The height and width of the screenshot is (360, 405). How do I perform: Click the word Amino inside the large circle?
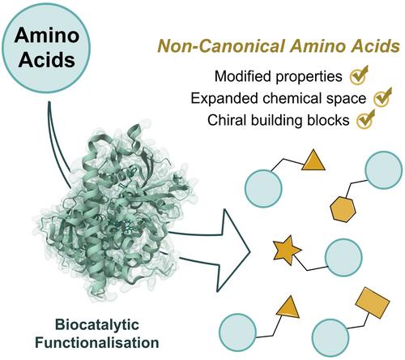click(x=47, y=35)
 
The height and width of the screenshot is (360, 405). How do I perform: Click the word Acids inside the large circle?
click(x=47, y=59)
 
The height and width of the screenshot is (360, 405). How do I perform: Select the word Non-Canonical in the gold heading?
click(x=221, y=46)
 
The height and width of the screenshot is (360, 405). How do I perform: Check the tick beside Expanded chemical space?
click(x=382, y=96)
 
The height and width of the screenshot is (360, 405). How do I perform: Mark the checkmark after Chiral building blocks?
click(x=366, y=119)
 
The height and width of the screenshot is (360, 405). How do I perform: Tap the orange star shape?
click(x=287, y=251)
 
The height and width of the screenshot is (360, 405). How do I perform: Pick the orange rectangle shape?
click(x=373, y=302)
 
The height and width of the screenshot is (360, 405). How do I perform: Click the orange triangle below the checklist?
click(x=313, y=161)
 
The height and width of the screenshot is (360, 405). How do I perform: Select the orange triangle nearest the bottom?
click(x=288, y=308)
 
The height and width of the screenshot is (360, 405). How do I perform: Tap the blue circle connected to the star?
click(x=343, y=258)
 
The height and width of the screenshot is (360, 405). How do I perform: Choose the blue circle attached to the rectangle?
click(x=330, y=337)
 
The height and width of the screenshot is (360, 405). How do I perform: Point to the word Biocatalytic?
click(x=97, y=325)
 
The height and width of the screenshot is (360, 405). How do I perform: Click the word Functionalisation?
click(x=97, y=343)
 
